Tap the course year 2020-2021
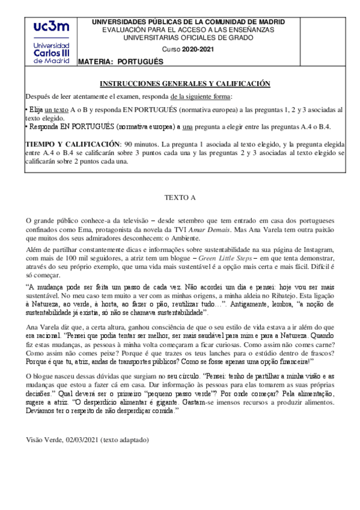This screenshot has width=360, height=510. [x=199, y=49]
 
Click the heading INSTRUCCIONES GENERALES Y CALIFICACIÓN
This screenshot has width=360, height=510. [x=185, y=84]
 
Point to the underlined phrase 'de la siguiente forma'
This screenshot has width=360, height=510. [x=201, y=97]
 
